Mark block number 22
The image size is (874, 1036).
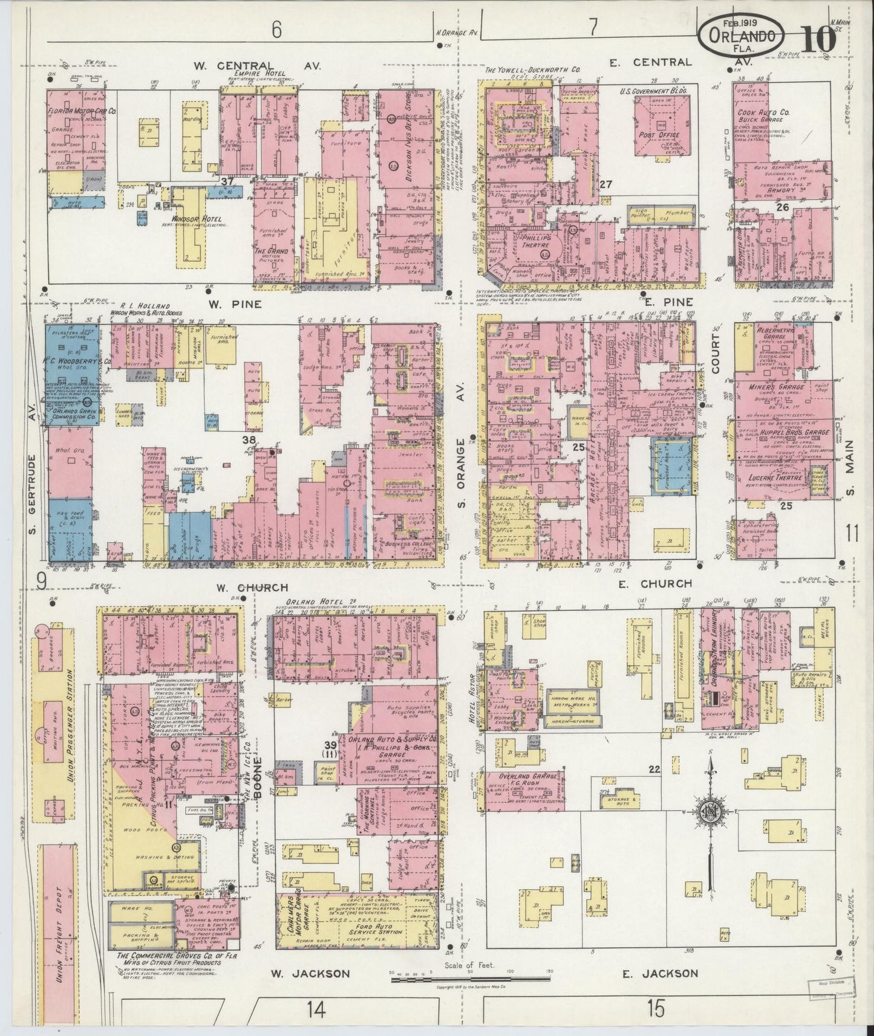click(653, 769)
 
